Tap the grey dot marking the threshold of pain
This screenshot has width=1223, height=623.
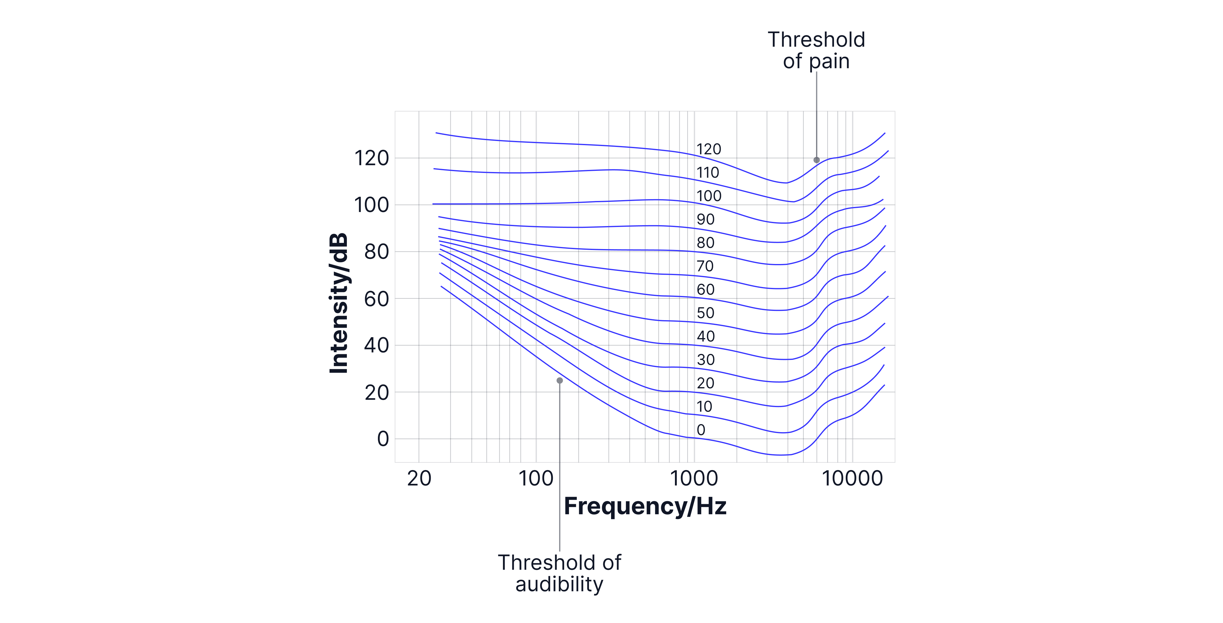click(x=817, y=160)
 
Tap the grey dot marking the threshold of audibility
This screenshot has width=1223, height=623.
click(x=560, y=380)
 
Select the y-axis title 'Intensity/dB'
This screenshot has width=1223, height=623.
click(x=339, y=303)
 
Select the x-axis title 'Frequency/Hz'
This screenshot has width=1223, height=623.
click(x=645, y=506)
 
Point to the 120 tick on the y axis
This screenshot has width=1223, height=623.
click(x=372, y=158)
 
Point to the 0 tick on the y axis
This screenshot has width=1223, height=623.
click(x=383, y=439)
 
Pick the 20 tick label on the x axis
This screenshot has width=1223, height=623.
click(x=419, y=478)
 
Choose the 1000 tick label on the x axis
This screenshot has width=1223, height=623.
click(x=694, y=478)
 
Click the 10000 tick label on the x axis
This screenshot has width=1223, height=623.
click(x=852, y=478)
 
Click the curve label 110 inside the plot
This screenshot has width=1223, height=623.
click(x=707, y=172)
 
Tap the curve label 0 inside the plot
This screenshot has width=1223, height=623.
click(x=701, y=430)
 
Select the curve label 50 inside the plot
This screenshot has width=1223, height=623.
click(x=705, y=313)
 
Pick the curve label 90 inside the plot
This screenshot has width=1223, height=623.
click(x=705, y=220)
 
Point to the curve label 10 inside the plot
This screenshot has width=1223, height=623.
click(x=704, y=406)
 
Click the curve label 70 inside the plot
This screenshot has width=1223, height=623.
click(x=705, y=266)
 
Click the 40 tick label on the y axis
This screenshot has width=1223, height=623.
click(x=376, y=345)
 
